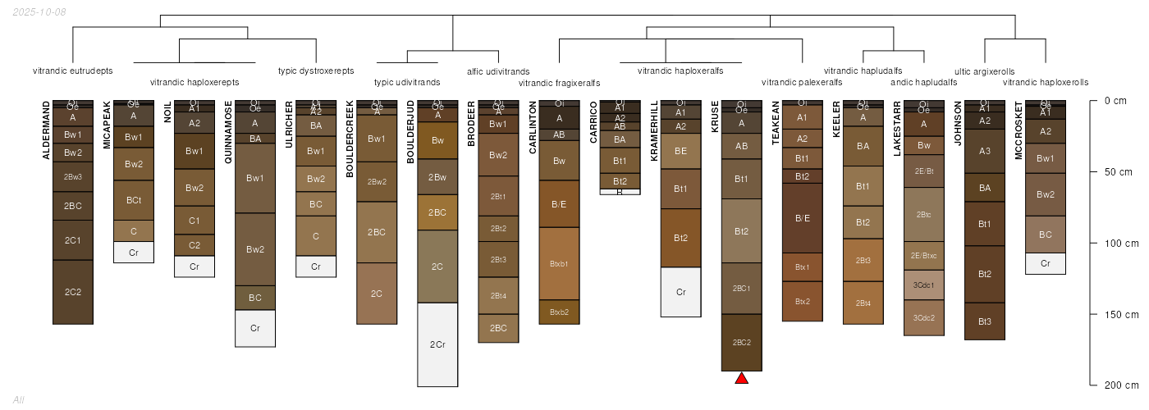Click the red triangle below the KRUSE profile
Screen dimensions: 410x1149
click(x=741, y=378)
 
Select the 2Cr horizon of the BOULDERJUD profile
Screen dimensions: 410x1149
click(x=437, y=344)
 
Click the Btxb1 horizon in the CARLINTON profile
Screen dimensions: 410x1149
click(x=559, y=264)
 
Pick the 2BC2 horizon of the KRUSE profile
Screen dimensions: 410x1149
click(x=741, y=343)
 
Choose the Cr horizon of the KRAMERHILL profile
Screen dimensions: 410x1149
click(x=680, y=292)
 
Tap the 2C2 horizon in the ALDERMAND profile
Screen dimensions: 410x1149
click(x=73, y=292)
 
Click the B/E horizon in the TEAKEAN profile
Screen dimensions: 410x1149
click(x=803, y=218)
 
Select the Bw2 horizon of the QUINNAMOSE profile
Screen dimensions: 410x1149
click(x=255, y=249)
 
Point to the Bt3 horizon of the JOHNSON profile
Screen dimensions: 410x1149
click(x=985, y=321)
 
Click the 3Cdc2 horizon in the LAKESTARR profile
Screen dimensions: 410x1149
click(x=924, y=317)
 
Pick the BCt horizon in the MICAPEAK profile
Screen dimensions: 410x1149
click(x=134, y=200)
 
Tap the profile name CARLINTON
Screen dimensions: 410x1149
click(x=533, y=127)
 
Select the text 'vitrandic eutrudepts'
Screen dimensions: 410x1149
click(x=72, y=71)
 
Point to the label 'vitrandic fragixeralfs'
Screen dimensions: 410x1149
click(x=559, y=83)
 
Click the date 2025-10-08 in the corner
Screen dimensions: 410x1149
click(x=39, y=11)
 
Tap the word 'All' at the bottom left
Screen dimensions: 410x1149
click(x=19, y=399)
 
